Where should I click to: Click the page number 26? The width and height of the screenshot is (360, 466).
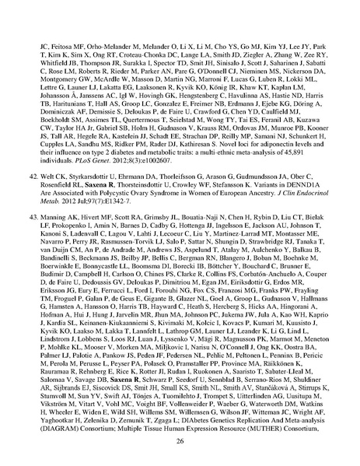tap(180, 440)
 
